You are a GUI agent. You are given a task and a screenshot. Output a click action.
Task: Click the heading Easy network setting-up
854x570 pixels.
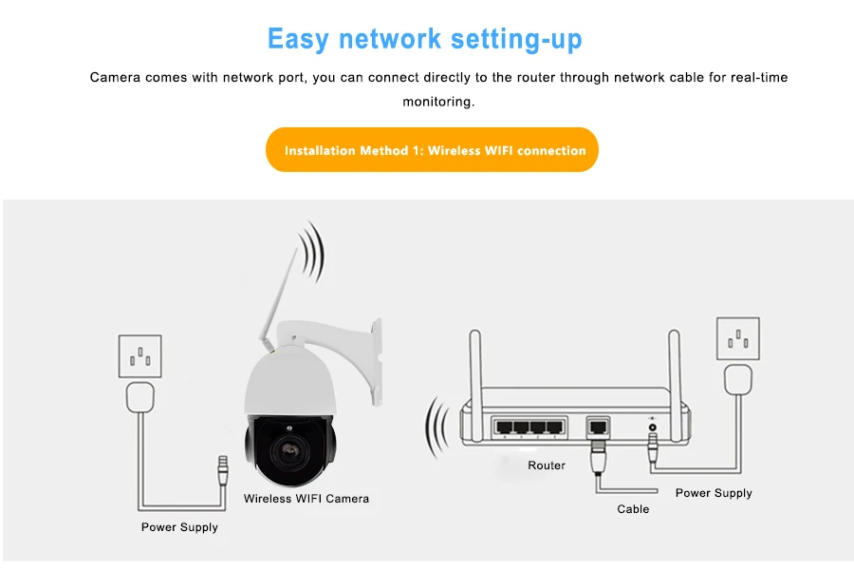click(425, 39)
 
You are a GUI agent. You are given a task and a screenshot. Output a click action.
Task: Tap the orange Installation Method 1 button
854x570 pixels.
click(433, 150)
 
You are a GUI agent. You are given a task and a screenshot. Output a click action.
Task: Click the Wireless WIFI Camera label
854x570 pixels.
click(306, 498)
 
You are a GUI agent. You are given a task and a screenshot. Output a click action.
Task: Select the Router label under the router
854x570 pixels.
click(547, 465)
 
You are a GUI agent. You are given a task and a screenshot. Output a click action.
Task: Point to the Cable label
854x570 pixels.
click(633, 509)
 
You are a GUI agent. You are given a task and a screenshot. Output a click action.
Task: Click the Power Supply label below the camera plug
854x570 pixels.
click(179, 527)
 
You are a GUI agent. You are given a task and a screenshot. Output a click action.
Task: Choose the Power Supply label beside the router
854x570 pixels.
click(714, 493)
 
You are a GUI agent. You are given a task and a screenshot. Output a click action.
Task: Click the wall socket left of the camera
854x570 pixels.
click(139, 356)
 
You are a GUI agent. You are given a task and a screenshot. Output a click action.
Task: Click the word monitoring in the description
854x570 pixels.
click(438, 102)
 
